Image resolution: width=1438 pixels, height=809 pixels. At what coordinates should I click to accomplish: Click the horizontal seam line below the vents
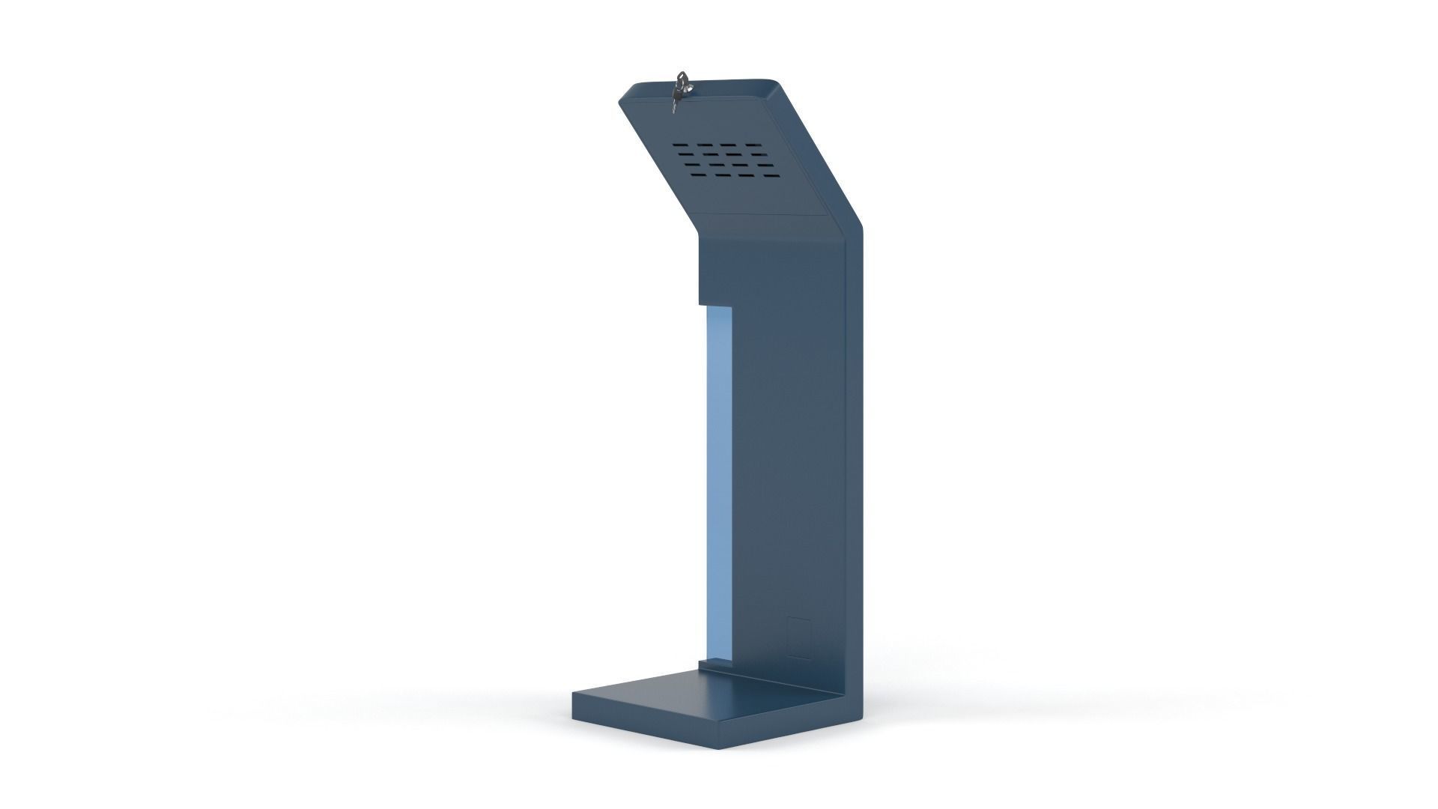[x=764, y=214]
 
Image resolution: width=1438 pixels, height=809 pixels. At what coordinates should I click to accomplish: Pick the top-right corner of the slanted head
[x=774, y=81]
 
